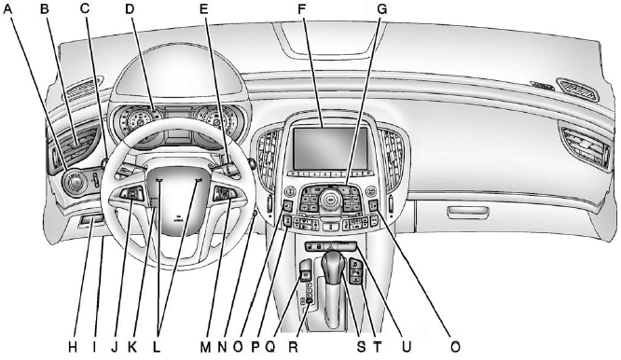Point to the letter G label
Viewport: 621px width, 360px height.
click(x=380, y=11)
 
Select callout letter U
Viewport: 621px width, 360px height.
click(x=405, y=346)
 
